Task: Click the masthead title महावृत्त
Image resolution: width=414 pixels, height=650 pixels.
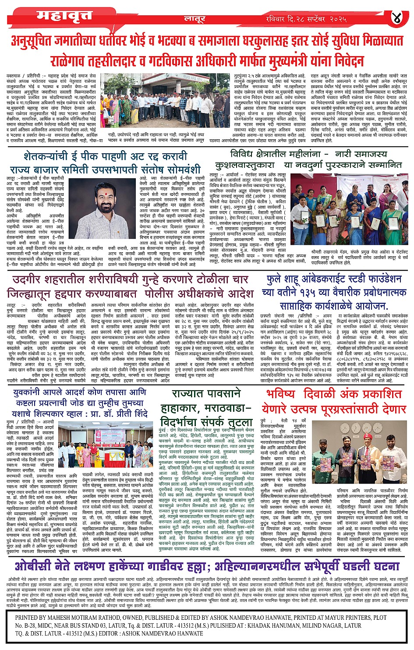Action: point(64,16)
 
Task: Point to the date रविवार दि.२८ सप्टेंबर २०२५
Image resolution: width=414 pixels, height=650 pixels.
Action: point(306,19)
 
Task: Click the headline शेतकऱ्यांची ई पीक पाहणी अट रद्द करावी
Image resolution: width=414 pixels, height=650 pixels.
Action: point(106,156)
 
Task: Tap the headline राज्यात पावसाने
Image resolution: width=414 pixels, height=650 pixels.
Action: point(206,394)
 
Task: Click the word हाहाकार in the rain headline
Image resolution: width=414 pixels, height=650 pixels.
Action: point(180,408)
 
